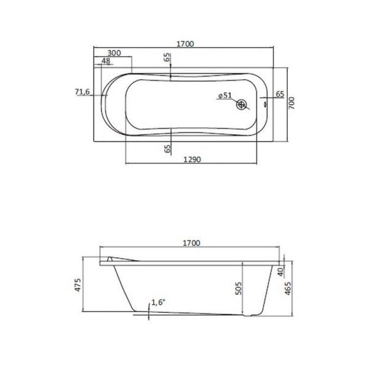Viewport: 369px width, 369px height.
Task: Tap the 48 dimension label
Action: (x=105, y=61)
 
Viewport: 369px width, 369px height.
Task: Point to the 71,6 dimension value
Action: (x=82, y=92)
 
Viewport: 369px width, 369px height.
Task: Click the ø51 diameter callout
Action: (x=224, y=95)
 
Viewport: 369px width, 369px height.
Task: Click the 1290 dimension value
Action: (x=194, y=159)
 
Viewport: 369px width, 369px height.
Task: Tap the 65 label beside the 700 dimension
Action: (x=279, y=94)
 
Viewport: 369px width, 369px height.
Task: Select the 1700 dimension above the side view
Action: (x=191, y=244)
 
